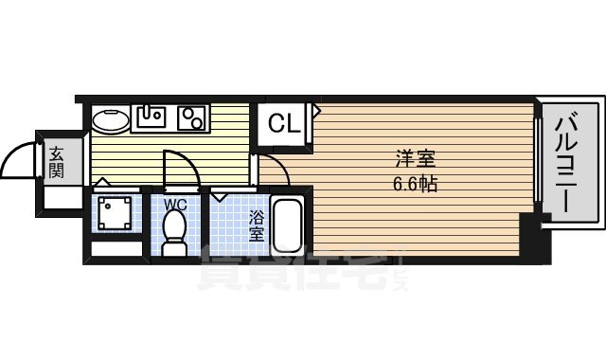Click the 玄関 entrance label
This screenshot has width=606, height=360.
pyautogui.click(x=57, y=162)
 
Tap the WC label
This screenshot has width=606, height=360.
pyautogui.click(x=173, y=203)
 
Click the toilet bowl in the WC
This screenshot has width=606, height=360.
pyautogui.click(x=173, y=231)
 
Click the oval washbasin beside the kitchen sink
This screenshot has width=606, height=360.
pyautogui.click(x=112, y=120)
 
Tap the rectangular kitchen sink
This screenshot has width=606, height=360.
pyautogui.click(x=151, y=117)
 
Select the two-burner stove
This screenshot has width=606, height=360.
pyautogui.click(x=192, y=117)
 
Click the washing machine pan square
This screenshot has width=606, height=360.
pyautogui.click(x=116, y=212)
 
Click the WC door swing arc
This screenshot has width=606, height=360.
pyautogui.click(x=183, y=171)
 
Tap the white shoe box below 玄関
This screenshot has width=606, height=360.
pyautogui.click(x=62, y=198)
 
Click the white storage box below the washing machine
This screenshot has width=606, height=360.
pyautogui.click(x=114, y=253)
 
